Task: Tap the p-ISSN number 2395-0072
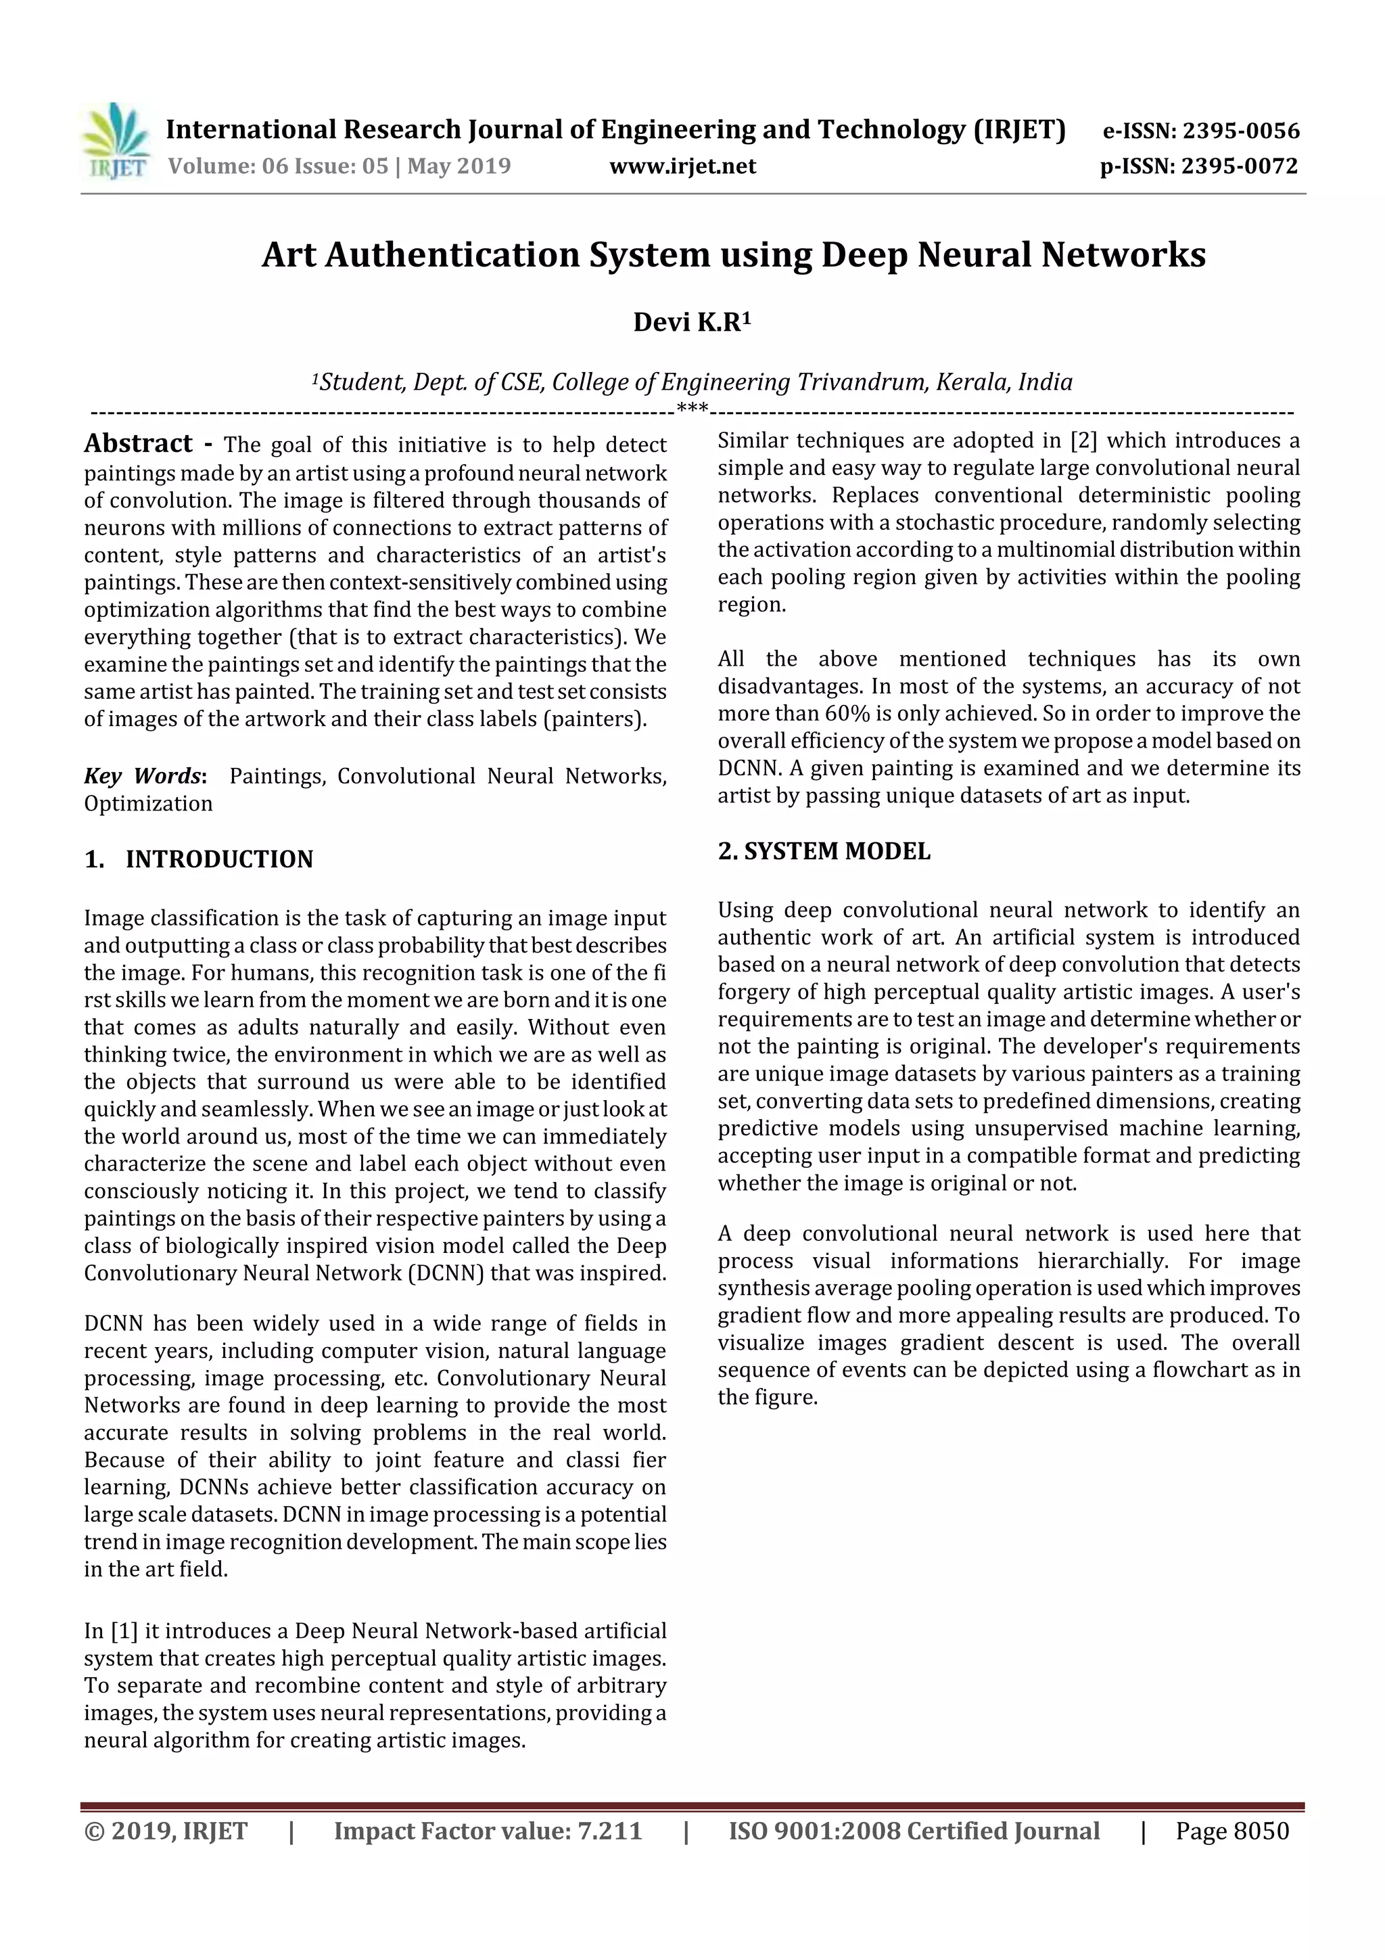[1239, 166]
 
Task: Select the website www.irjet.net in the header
[682, 166]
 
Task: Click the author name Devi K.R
[691, 323]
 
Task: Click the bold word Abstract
[138, 443]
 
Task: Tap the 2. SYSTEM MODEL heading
[824, 851]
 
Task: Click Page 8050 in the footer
[1231, 1831]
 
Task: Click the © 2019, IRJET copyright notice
[166, 1831]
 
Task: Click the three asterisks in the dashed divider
[692, 409]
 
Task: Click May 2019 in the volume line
[459, 166]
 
